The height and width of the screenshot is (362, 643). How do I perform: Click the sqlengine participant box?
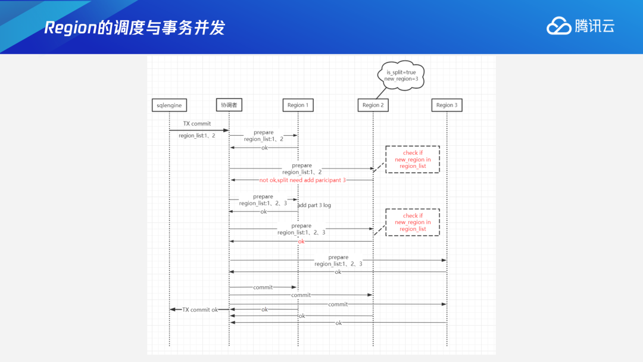[169, 105]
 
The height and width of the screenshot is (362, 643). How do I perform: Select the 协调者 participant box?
[229, 105]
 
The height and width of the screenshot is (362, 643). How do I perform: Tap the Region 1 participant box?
[298, 105]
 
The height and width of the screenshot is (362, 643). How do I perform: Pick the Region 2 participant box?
[373, 105]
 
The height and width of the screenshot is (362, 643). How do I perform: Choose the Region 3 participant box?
[447, 105]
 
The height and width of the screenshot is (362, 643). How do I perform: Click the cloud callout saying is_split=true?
[401, 75]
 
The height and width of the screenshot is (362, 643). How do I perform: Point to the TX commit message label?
[196, 124]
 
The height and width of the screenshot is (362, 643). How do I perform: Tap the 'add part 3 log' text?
[314, 205]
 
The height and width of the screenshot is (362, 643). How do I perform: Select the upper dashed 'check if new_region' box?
[413, 160]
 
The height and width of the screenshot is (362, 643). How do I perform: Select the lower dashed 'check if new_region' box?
[413, 222]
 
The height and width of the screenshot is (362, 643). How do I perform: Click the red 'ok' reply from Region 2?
[301, 242]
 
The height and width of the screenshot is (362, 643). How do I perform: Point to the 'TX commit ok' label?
[200, 310]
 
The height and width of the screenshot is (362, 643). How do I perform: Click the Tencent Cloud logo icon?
[558, 26]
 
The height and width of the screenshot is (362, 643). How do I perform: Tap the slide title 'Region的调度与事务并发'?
[135, 28]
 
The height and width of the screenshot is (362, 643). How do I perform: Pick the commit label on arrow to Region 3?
[338, 304]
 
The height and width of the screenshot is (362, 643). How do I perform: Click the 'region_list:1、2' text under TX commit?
[196, 136]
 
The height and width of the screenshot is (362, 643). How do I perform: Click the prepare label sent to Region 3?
[338, 257]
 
